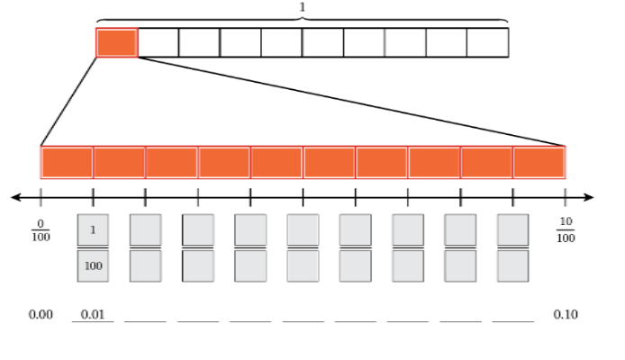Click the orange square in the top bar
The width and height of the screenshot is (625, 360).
[x=117, y=42]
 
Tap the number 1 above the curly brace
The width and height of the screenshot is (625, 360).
[x=303, y=7]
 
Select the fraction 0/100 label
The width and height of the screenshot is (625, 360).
[x=41, y=230]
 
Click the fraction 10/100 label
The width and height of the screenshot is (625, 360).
[x=566, y=229]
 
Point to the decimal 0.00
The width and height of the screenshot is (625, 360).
[x=41, y=315]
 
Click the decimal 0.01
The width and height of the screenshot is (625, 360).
[x=93, y=315]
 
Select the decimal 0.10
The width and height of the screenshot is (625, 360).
[x=566, y=315]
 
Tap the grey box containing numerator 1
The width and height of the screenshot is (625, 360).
[x=93, y=229]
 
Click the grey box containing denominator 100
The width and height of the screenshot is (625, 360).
[x=93, y=266]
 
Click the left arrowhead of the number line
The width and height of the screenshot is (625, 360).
[x=16, y=197]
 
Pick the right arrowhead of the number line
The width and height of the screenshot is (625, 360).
[x=589, y=197]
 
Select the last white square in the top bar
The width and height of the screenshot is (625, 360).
[x=488, y=42]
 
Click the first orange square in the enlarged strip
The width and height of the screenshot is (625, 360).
[x=67, y=163]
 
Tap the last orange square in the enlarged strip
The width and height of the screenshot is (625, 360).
[x=539, y=163]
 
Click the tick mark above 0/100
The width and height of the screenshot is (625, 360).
[x=41, y=197]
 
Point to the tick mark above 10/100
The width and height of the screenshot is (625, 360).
[x=566, y=197]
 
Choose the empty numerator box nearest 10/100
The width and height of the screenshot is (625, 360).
[x=513, y=229]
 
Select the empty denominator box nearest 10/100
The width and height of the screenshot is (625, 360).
[x=513, y=266]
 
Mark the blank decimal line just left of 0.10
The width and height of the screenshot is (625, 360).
[x=513, y=321]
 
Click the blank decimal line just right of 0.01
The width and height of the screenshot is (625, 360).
[x=146, y=321]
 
